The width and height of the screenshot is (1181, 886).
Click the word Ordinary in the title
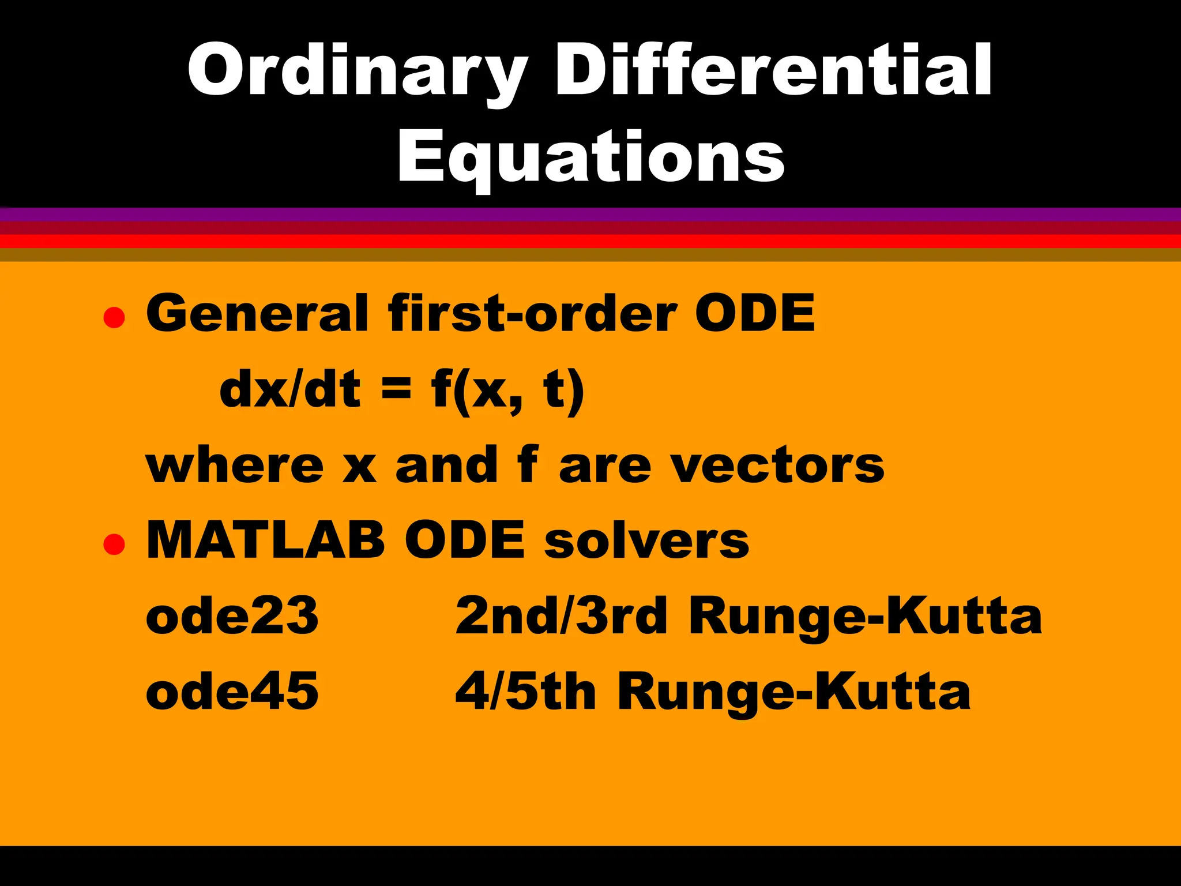(358, 70)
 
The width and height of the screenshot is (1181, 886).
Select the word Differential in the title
(773, 70)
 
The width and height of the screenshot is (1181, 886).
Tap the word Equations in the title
(590, 157)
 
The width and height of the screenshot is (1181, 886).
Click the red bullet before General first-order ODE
(114, 318)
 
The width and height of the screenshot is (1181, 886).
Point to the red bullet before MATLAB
(114, 544)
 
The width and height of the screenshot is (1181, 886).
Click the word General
(257, 313)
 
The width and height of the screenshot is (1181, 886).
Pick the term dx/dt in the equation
(290, 390)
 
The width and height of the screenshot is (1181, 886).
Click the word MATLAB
(265, 540)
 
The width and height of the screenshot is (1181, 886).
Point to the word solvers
(646, 541)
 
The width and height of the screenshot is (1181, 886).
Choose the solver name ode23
(232, 616)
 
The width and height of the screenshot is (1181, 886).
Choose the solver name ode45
(232, 692)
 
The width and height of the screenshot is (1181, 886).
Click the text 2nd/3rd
(561, 616)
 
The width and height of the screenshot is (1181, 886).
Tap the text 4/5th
(525, 692)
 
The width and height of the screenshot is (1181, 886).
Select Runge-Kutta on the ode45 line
(793, 693)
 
